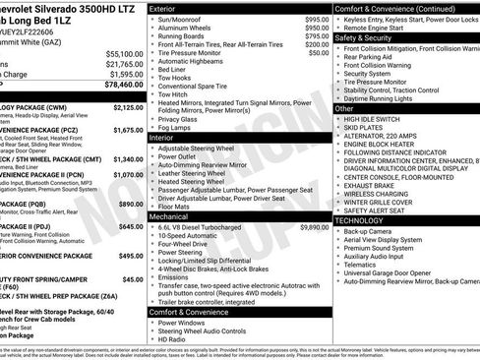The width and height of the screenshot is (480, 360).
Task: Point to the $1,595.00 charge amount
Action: point(125,74)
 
